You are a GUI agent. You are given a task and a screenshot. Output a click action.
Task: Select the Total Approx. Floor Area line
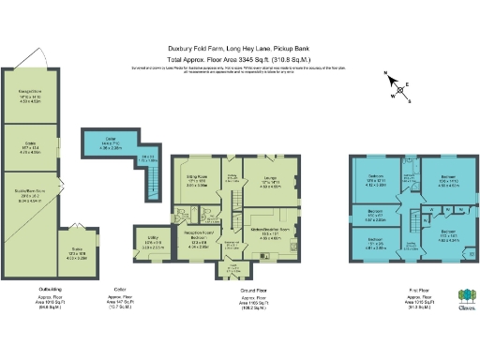click(238, 58)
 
